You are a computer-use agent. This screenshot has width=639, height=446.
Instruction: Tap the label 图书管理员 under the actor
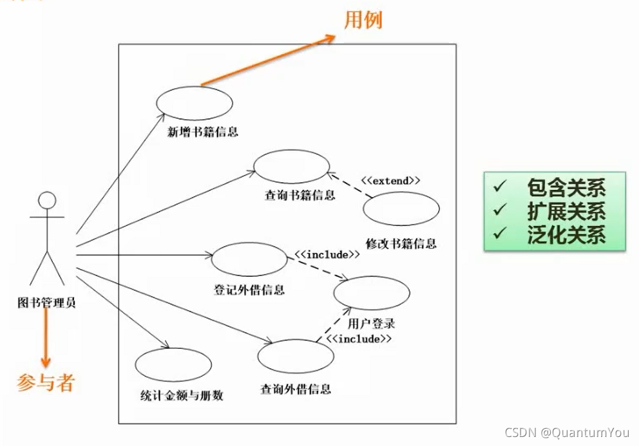click(x=46, y=301)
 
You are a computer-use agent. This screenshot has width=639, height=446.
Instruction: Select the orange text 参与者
click(x=46, y=383)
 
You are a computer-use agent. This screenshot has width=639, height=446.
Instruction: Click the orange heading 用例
click(x=363, y=20)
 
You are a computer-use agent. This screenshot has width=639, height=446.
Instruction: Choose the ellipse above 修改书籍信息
click(x=401, y=209)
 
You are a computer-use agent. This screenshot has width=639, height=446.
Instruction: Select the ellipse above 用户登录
click(x=372, y=293)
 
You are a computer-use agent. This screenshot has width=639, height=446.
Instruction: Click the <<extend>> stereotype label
click(x=390, y=181)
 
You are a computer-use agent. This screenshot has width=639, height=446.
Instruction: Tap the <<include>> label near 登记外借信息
click(x=327, y=254)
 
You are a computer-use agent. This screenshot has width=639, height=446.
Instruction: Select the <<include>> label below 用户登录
click(x=359, y=338)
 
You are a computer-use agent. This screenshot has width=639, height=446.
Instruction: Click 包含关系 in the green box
click(x=566, y=188)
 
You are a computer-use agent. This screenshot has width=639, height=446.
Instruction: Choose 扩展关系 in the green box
click(x=566, y=211)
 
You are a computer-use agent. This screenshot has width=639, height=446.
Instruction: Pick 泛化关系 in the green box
click(x=566, y=234)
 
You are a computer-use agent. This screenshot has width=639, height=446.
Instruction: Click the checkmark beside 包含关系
click(x=500, y=187)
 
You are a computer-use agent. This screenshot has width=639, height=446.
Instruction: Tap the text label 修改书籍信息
click(x=401, y=243)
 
